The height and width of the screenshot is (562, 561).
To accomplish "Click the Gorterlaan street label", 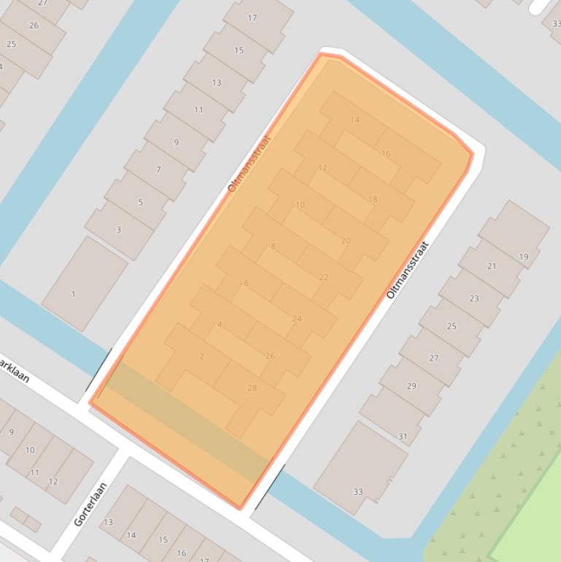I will click(90, 504).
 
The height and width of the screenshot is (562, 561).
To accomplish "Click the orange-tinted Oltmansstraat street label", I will click(249, 163).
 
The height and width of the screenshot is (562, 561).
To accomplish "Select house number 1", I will click(73, 294).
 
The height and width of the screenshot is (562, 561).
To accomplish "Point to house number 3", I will click(119, 230).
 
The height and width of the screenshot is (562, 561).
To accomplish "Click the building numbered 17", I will click(252, 18).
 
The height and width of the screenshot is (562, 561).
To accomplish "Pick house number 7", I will click(158, 170).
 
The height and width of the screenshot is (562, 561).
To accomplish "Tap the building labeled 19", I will click(524, 257).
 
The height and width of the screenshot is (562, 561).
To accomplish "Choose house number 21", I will click(492, 266).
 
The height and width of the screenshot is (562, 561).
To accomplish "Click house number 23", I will click(474, 299).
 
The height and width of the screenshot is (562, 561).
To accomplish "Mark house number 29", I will click(411, 386).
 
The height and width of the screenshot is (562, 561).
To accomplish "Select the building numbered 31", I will click(403, 436).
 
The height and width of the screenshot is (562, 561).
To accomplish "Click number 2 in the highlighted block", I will click(202, 356).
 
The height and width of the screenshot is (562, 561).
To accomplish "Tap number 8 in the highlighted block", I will click(274, 247).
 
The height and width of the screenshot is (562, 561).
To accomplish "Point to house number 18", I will click(373, 199).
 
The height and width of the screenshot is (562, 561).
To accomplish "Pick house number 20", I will click(346, 240).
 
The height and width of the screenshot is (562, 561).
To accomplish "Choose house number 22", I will click(323, 277).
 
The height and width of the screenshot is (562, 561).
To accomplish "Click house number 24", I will click(297, 318).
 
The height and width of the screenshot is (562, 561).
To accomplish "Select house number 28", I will click(252, 388).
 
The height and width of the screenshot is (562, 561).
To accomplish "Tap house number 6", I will click(246, 283).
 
